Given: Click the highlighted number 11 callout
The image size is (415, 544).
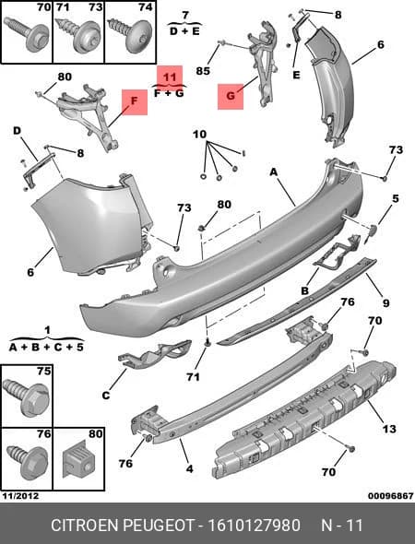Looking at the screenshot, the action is pos(170,77).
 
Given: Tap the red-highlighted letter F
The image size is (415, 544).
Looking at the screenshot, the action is pos(135,101).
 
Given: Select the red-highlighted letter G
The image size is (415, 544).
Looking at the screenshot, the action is pos(231,95).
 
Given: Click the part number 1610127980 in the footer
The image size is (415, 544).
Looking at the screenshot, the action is pos(254,526).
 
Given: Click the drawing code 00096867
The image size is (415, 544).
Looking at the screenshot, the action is pos(391,496).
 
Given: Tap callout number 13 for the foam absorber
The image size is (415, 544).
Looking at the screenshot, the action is pos(389,429).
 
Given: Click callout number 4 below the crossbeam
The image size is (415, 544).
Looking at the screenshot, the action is pos(189,469).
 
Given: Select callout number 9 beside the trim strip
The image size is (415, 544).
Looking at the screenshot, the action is pos(385,302).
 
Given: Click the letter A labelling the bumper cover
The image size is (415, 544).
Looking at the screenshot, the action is pos(274,171).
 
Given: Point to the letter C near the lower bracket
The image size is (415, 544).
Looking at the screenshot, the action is pos(106,396).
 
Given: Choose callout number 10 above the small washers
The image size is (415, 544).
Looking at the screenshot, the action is pos(199,134).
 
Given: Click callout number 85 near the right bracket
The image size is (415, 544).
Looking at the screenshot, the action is pos(203,71).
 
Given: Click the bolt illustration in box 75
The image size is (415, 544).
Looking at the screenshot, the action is pos(26,398).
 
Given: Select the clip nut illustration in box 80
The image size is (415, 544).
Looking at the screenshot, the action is pos(78,460).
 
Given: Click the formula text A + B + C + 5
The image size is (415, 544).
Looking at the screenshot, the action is pos(46,347).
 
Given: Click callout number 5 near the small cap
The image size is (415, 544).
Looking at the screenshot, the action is pos(396,199).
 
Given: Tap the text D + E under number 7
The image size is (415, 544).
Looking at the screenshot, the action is pos(184,31).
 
